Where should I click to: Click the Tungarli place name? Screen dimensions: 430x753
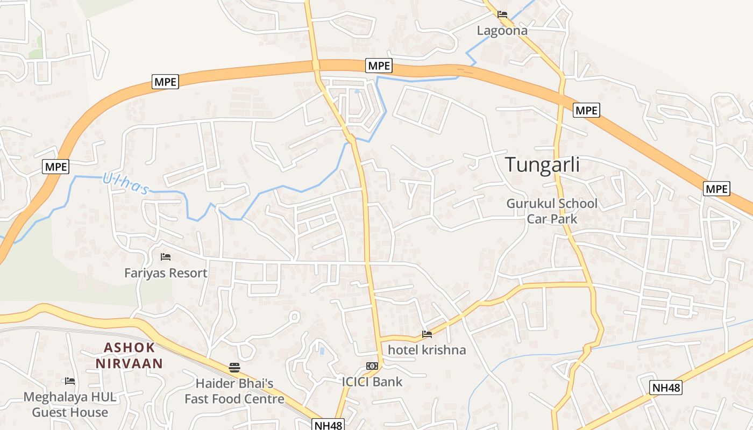(x=542, y=165)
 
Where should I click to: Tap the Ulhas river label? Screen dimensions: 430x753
(x=126, y=183)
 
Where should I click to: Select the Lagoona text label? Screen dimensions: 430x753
(x=502, y=31)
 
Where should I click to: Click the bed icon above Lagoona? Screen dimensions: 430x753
(x=502, y=15)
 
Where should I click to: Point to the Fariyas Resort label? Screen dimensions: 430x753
(x=166, y=273)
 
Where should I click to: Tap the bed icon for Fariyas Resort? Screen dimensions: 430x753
(x=166, y=257)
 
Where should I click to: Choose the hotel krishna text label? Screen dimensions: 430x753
(x=427, y=350)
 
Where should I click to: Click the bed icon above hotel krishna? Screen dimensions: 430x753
(x=427, y=334)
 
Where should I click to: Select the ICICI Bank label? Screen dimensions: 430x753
(x=372, y=382)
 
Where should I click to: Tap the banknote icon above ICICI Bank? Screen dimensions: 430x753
(x=372, y=366)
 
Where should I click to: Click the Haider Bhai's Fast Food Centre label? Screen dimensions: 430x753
(x=235, y=391)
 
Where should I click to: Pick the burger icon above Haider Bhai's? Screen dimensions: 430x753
(x=235, y=368)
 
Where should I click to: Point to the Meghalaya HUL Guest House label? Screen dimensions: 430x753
(x=70, y=405)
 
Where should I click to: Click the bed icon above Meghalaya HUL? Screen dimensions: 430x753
(x=70, y=381)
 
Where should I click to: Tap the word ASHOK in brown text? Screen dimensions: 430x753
(x=130, y=347)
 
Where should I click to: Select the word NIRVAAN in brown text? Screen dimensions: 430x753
(x=130, y=363)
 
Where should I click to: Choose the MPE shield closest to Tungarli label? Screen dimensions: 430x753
(x=586, y=110)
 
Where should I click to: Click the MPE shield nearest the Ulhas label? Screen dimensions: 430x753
(x=56, y=167)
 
